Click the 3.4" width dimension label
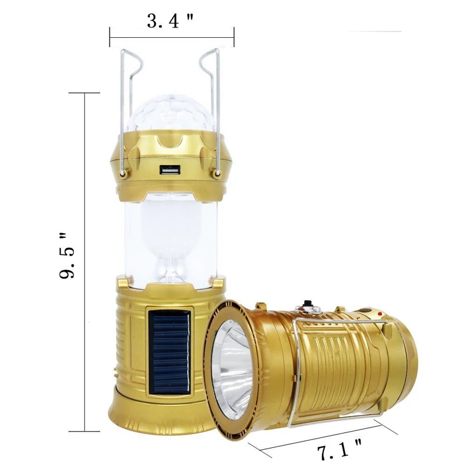170,21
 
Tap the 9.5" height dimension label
66,256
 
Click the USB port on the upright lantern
170,170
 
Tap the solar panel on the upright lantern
170,353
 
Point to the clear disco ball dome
170,114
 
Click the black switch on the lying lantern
306,305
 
